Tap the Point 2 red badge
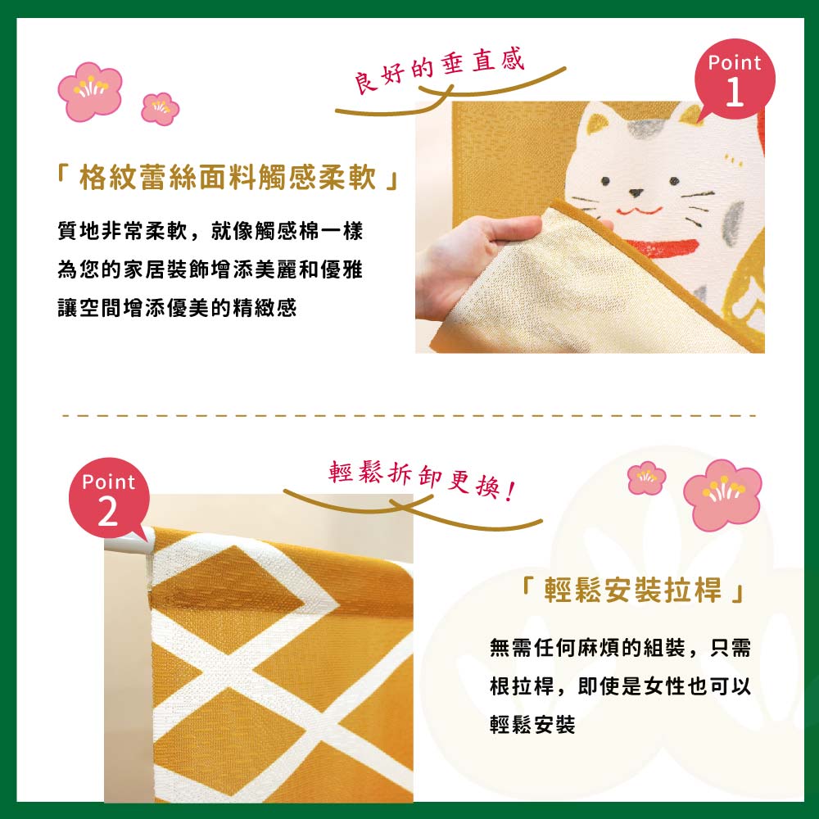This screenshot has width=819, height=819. pos(110,499)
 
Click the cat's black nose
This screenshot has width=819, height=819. pos(636,192)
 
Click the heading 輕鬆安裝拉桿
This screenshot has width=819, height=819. pos(632,590)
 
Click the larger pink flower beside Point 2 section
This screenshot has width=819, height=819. pos(722,494)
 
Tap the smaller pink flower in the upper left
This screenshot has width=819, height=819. pos(161,109)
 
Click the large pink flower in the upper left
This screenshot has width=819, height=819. pos(90,91)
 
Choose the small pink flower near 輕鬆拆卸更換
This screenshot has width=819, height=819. pos(647,477)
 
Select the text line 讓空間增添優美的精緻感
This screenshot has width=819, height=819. pos(177,308)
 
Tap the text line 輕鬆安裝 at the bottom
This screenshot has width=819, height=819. pos(532,724)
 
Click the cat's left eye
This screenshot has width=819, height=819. pos(605,181)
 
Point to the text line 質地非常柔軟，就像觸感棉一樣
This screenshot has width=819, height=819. pos(210,230)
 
